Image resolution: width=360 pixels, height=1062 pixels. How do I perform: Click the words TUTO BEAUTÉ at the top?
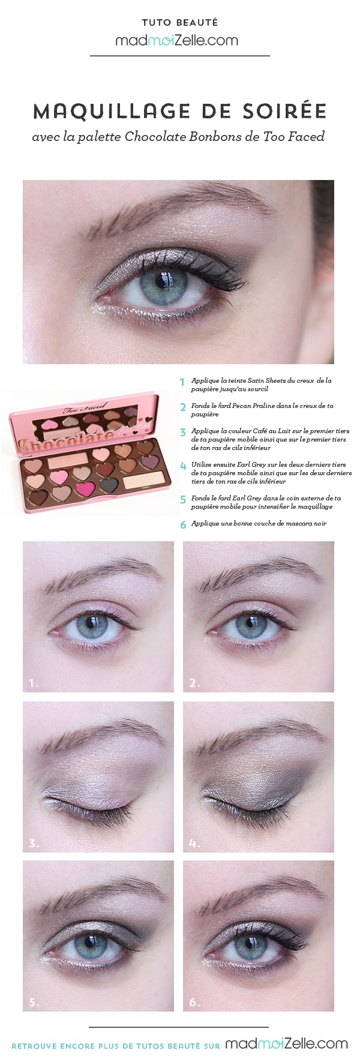click(179, 23)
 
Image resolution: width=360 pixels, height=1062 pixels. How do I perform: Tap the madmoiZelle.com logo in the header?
click(177, 40)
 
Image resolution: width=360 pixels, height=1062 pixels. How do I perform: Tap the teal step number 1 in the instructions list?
click(182, 382)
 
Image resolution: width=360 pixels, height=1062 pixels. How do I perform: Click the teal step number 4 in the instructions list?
click(183, 466)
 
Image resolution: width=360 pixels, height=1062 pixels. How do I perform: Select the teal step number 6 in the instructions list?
click(183, 524)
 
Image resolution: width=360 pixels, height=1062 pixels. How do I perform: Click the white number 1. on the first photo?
click(34, 682)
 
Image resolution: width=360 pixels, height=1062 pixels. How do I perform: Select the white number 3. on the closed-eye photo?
click(34, 843)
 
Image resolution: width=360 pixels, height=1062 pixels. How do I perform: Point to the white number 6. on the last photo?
click(194, 1001)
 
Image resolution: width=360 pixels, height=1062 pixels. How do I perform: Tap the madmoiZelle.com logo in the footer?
click(287, 1043)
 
